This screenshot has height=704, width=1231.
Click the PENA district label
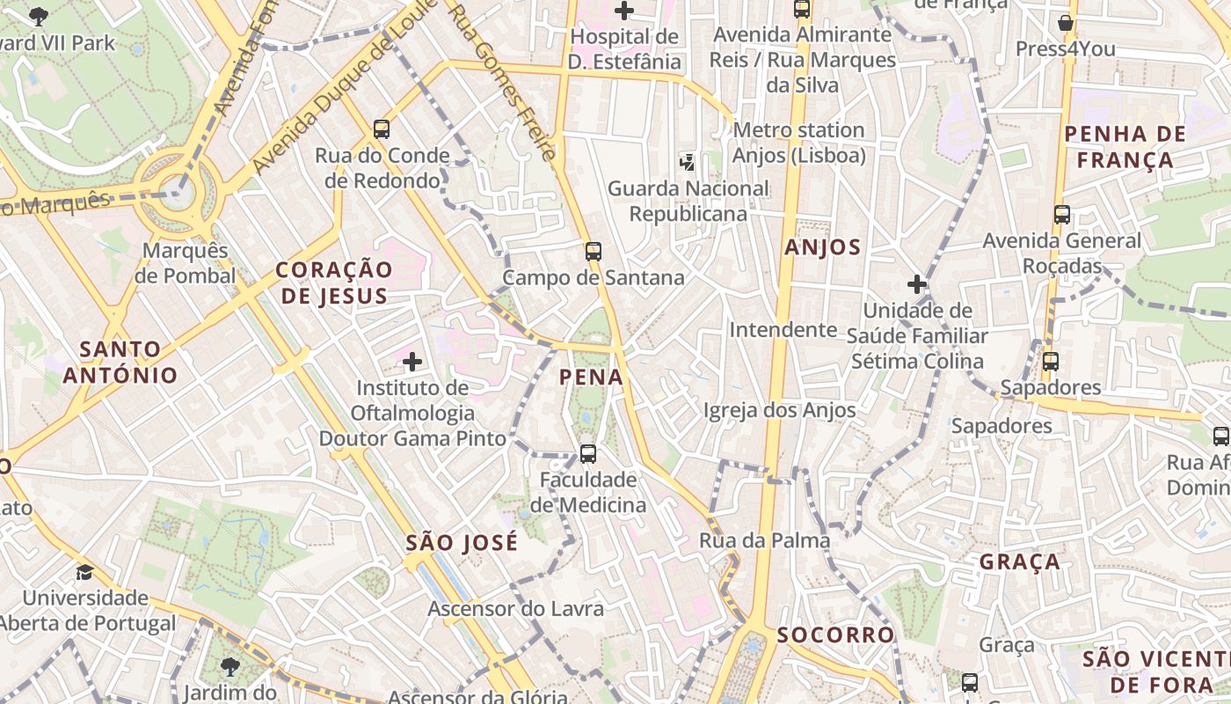(x=591, y=378)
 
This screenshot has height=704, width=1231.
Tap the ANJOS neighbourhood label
(x=822, y=247)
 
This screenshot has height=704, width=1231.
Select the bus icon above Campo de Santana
(x=594, y=252)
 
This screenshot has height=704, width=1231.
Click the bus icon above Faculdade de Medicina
(x=588, y=454)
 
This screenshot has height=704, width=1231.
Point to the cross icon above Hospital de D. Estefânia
(x=624, y=11)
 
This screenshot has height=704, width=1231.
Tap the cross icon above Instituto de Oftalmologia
(x=412, y=361)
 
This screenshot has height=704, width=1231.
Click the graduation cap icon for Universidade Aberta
(x=84, y=573)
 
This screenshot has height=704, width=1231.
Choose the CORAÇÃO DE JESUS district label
(x=334, y=282)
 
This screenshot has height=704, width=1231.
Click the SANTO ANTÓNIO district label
(x=120, y=362)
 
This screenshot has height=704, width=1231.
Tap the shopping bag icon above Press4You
(x=1066, y=23)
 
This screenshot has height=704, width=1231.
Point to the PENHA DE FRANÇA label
(x=1125, y=147)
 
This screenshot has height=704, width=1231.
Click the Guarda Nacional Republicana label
(x=688, y=201)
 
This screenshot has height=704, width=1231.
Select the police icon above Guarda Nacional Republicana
(x=688, y=162)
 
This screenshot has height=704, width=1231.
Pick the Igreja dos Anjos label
(x=779, y=410)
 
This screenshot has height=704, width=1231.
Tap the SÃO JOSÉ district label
(x=462, y=543)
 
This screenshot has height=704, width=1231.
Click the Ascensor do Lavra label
(x=515, y=609)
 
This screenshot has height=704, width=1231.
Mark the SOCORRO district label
(x=835, y=634)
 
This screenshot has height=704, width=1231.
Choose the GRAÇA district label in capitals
(x=1020, y=561)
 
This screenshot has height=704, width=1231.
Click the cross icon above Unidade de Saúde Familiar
(x=917, y=284)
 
